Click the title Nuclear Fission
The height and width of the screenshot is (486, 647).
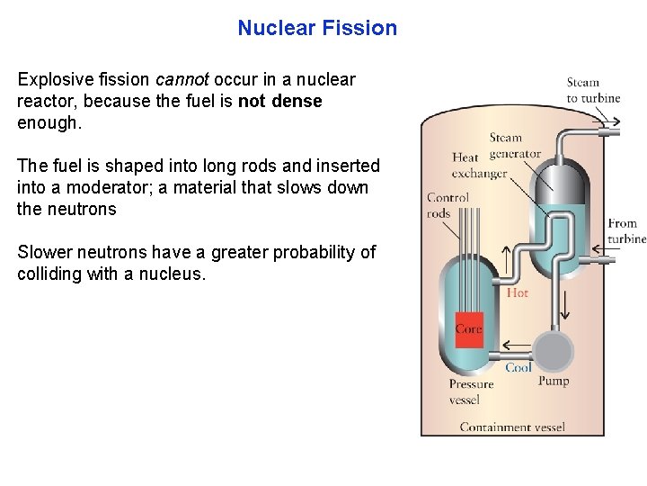pos(317,28)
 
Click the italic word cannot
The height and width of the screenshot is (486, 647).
pos(182,79)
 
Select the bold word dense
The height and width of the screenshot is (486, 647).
pos(300,101)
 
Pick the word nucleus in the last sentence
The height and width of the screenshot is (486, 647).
pos(172,274)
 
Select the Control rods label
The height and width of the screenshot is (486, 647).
pos(448,205)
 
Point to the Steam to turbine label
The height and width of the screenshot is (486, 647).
pos(593,90)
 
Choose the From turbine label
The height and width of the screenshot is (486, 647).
pos(625,231)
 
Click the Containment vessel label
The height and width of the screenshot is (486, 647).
pos(512,427)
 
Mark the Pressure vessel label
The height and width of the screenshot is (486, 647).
pos(471,391)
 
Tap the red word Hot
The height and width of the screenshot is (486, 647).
pos(518,293)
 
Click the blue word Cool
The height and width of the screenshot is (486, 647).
pos(518,367)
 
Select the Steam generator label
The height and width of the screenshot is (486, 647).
pos(511,146)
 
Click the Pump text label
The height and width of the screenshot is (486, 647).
pos(553,382)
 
